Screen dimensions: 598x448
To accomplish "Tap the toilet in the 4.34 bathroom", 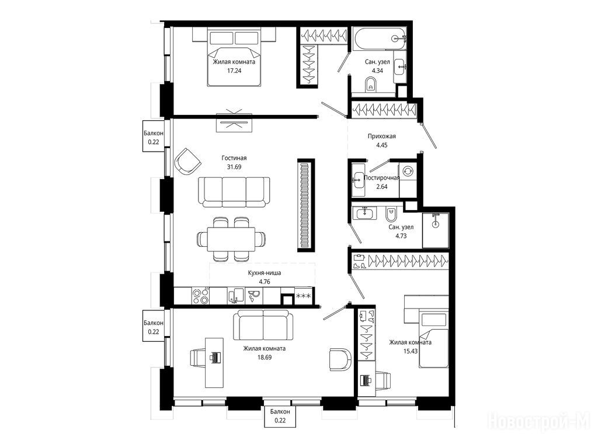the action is point(370,84).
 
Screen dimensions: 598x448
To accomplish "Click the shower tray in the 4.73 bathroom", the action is point(436,230).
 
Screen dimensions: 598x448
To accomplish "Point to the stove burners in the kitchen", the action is point(201,296).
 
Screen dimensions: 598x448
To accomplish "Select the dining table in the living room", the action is point(231,239).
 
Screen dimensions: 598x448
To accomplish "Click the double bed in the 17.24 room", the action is point(234,57).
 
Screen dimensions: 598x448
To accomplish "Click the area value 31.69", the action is point(234,167).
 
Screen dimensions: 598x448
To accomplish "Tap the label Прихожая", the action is point(382,136).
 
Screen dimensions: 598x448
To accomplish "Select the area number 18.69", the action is point(265,358).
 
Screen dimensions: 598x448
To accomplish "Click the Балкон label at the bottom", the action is point(280,412).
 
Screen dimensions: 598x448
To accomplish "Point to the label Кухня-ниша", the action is point(265,273).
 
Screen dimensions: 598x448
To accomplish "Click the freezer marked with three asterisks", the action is point(304,296).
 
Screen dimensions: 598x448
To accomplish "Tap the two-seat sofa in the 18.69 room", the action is point(263,324).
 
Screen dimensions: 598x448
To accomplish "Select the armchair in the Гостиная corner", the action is point(187,162).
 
